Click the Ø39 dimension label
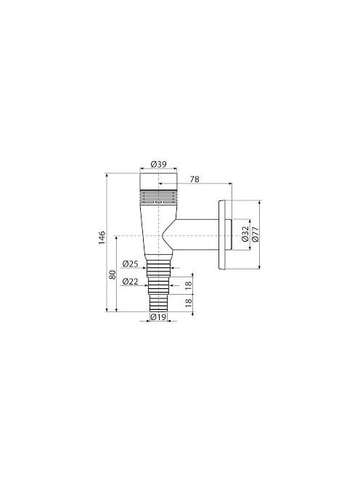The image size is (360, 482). tap(158, 164)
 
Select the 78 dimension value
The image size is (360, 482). tap(195, 179)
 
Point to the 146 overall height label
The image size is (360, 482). tap(102, 237)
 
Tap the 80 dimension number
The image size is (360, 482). tap(112, 274)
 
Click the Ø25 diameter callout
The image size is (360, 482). tap(130, 264)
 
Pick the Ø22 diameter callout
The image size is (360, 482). tap(130, 281)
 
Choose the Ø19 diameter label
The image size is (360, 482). tap(158, 316)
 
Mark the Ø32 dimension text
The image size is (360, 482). tap(245, 234)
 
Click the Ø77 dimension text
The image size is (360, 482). tap(255, 234)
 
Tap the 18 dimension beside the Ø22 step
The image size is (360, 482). tap(189, 284)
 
